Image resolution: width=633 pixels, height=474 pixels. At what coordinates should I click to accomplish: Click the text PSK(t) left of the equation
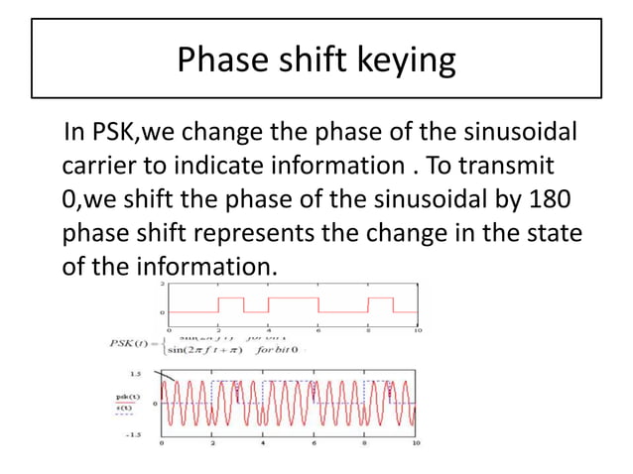(x=132, y=344)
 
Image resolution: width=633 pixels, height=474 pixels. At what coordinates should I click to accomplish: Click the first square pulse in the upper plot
(x=230, y=302)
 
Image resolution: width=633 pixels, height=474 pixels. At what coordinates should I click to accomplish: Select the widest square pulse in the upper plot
(x=293, y=302)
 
